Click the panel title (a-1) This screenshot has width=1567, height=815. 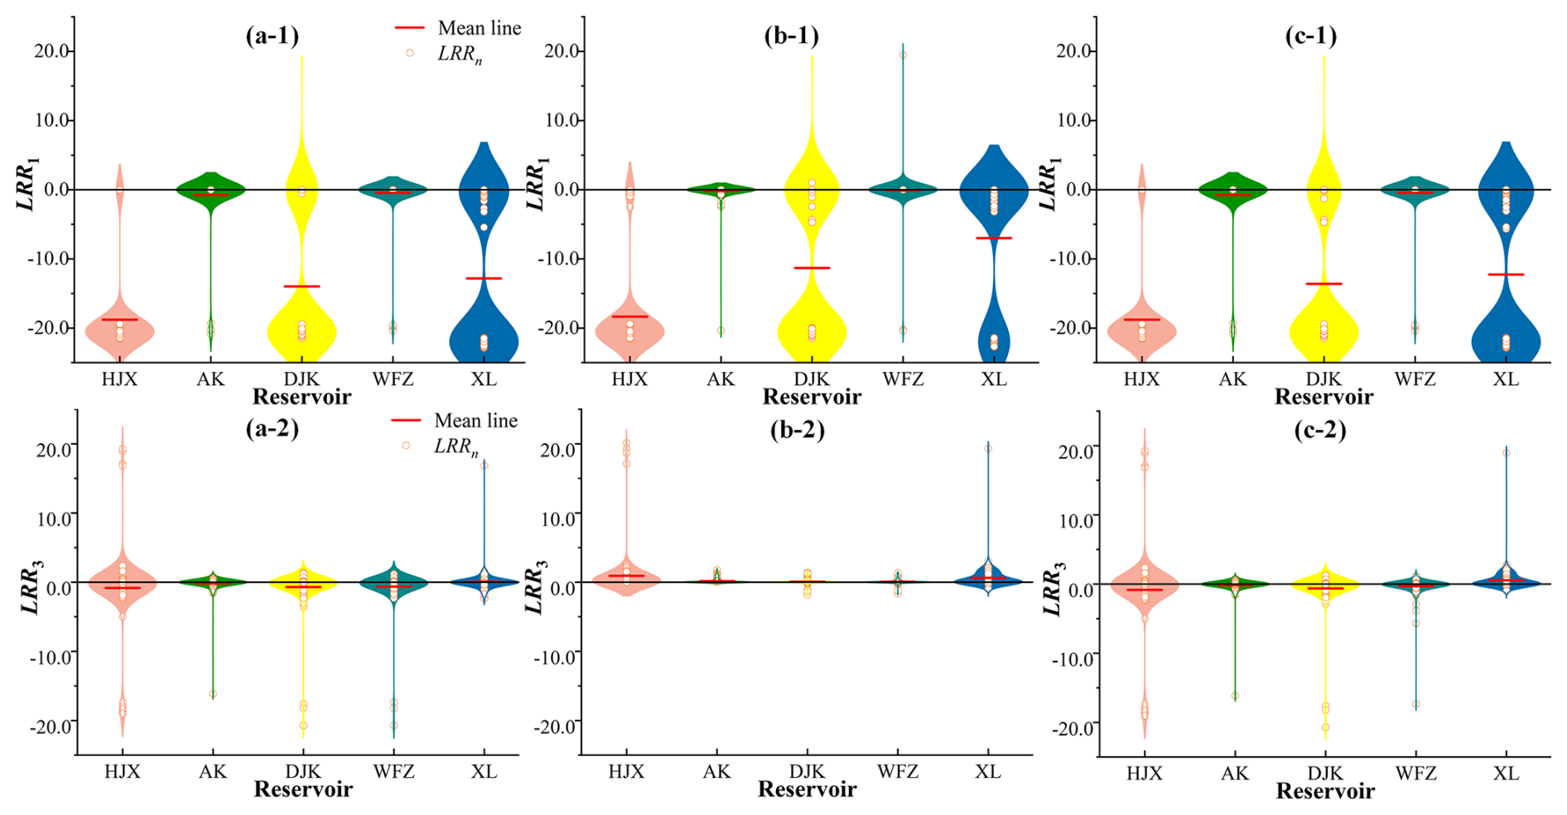pos(272,36)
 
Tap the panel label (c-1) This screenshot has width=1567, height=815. pos(1310,36)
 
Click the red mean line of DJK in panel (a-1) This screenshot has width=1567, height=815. pos(301,287)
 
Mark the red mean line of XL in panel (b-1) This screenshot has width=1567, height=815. pos(994,238)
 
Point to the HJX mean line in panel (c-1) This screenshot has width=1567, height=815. pos(1141,320)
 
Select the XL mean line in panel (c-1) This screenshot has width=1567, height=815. pos(1506,274)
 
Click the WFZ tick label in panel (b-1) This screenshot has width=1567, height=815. pos(902,379)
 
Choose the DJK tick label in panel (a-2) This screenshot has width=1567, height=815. pos(303,772)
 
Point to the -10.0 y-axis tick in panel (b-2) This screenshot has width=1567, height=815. pos(557,657)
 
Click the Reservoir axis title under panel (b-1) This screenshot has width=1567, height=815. pos(812,398)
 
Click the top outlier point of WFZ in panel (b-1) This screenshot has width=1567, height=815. pos(903,55)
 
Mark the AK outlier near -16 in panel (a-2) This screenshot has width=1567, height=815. pos(213,694)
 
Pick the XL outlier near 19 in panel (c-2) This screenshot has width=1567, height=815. pos(1507,453)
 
